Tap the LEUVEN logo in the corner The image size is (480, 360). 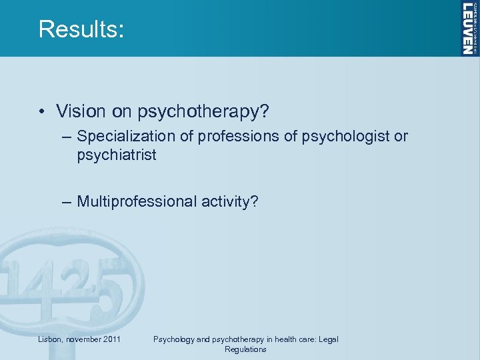470,28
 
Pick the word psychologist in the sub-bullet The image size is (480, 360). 345,137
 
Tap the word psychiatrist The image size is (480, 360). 116,155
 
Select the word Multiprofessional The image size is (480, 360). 140,201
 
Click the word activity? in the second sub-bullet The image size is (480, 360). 231,201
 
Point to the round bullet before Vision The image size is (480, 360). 42,111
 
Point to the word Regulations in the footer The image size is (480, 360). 245,349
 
